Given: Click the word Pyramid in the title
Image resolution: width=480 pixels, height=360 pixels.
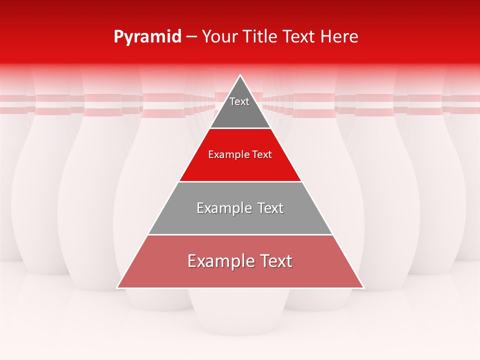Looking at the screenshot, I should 147,37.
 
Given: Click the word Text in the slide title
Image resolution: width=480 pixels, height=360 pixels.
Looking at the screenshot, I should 299,37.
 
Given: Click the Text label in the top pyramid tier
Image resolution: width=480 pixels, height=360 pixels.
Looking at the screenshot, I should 239,101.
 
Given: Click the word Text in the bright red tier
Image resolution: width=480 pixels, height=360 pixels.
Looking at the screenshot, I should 262,155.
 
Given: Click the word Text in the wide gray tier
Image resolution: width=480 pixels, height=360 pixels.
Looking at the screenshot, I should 269,208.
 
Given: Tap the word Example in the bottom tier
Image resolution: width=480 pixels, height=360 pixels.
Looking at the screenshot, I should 219,261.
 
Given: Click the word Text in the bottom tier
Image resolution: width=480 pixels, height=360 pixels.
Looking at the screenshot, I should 274,261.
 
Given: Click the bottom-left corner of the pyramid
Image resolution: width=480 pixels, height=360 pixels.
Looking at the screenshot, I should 117,287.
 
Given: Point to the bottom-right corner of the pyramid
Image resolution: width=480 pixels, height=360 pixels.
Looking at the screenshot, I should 363,287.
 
